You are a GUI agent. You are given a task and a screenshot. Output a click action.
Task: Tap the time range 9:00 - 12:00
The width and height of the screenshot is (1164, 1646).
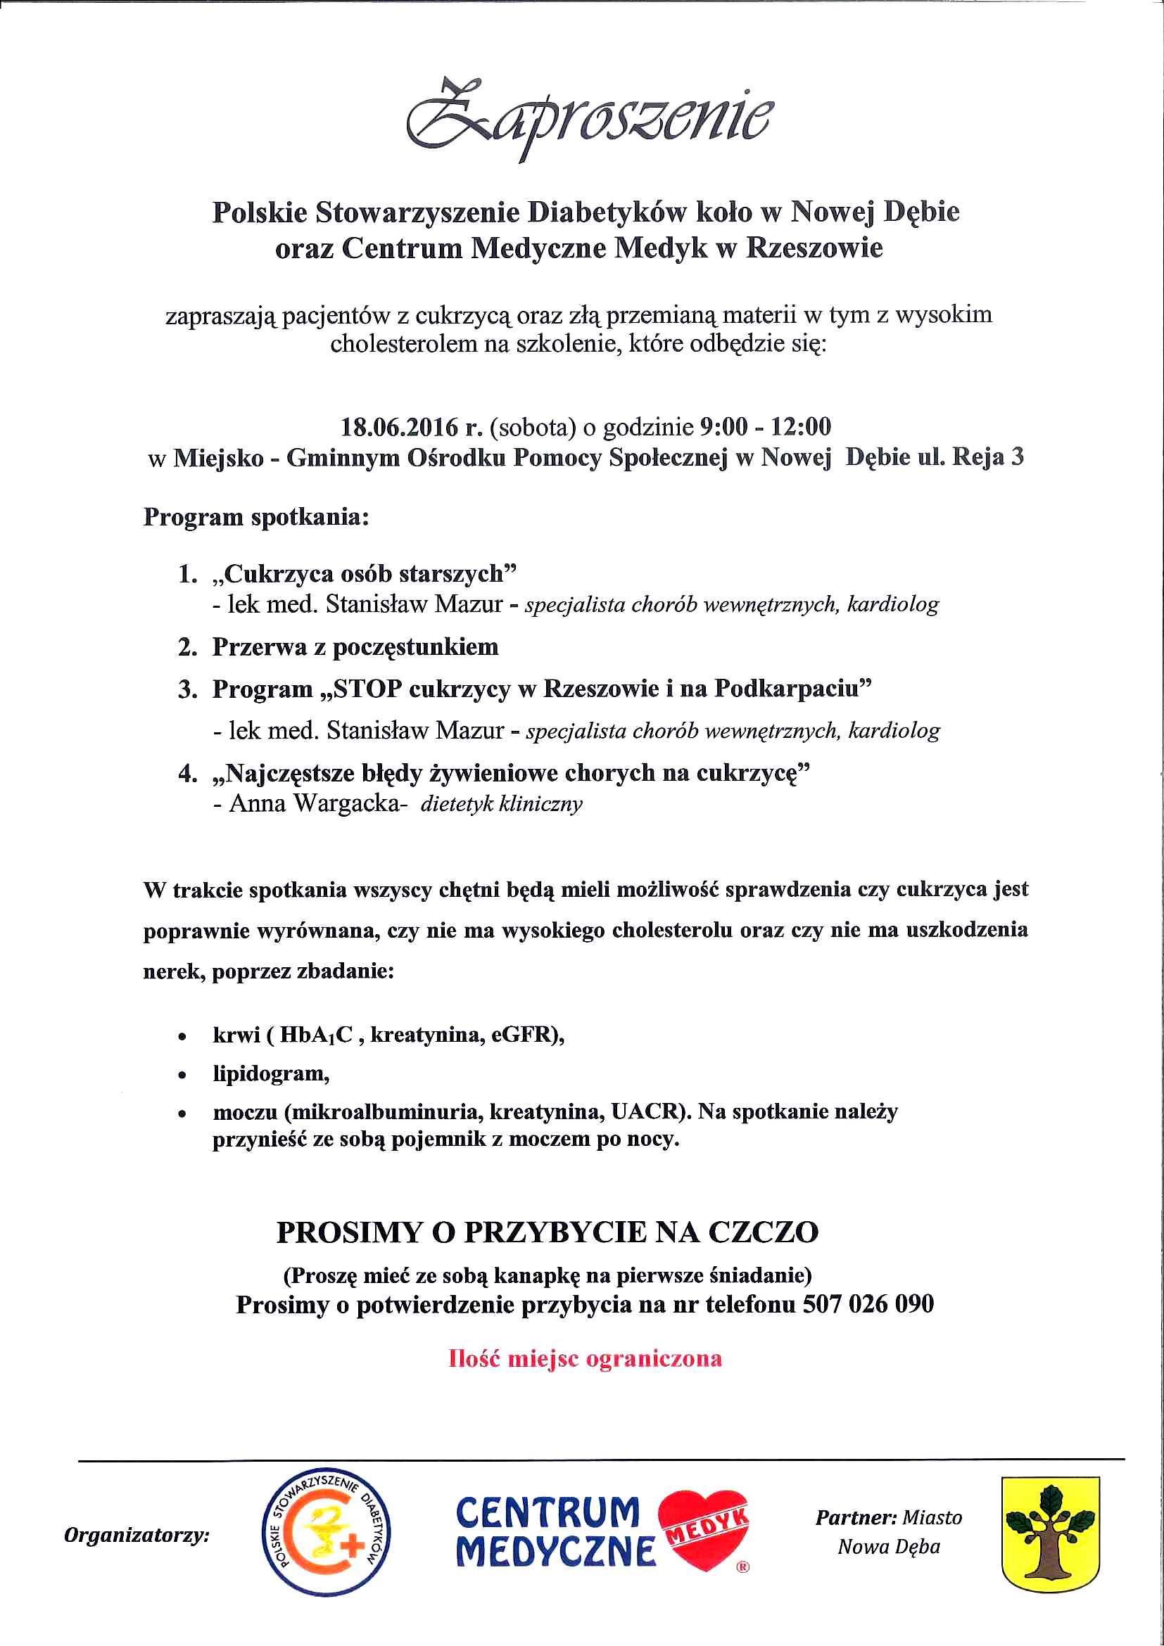pyautogui.click(x=764, y=427)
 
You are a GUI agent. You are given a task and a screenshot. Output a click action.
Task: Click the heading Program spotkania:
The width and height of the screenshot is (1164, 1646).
pyautogui.click(x=256, y=517)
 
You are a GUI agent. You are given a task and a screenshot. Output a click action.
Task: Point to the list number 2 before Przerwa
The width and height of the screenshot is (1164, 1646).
pyautogui.click(x=187, y=647)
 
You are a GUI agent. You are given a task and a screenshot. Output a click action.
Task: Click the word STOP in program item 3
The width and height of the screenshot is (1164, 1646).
pyautogui.click(x=367, y=689)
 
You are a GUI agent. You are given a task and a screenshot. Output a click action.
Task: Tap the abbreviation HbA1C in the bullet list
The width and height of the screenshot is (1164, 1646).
pyautogui.click(x=316, y=1035)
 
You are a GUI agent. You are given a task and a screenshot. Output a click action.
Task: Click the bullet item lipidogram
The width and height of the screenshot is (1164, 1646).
pyautogui.click(x=271, y=1074)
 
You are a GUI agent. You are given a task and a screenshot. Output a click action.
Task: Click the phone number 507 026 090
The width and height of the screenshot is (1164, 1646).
pyautogui.click(x=868, y=1304)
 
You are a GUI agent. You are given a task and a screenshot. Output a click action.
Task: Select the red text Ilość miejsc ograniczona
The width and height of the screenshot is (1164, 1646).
pyautogui.click(x=586, y=1358)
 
